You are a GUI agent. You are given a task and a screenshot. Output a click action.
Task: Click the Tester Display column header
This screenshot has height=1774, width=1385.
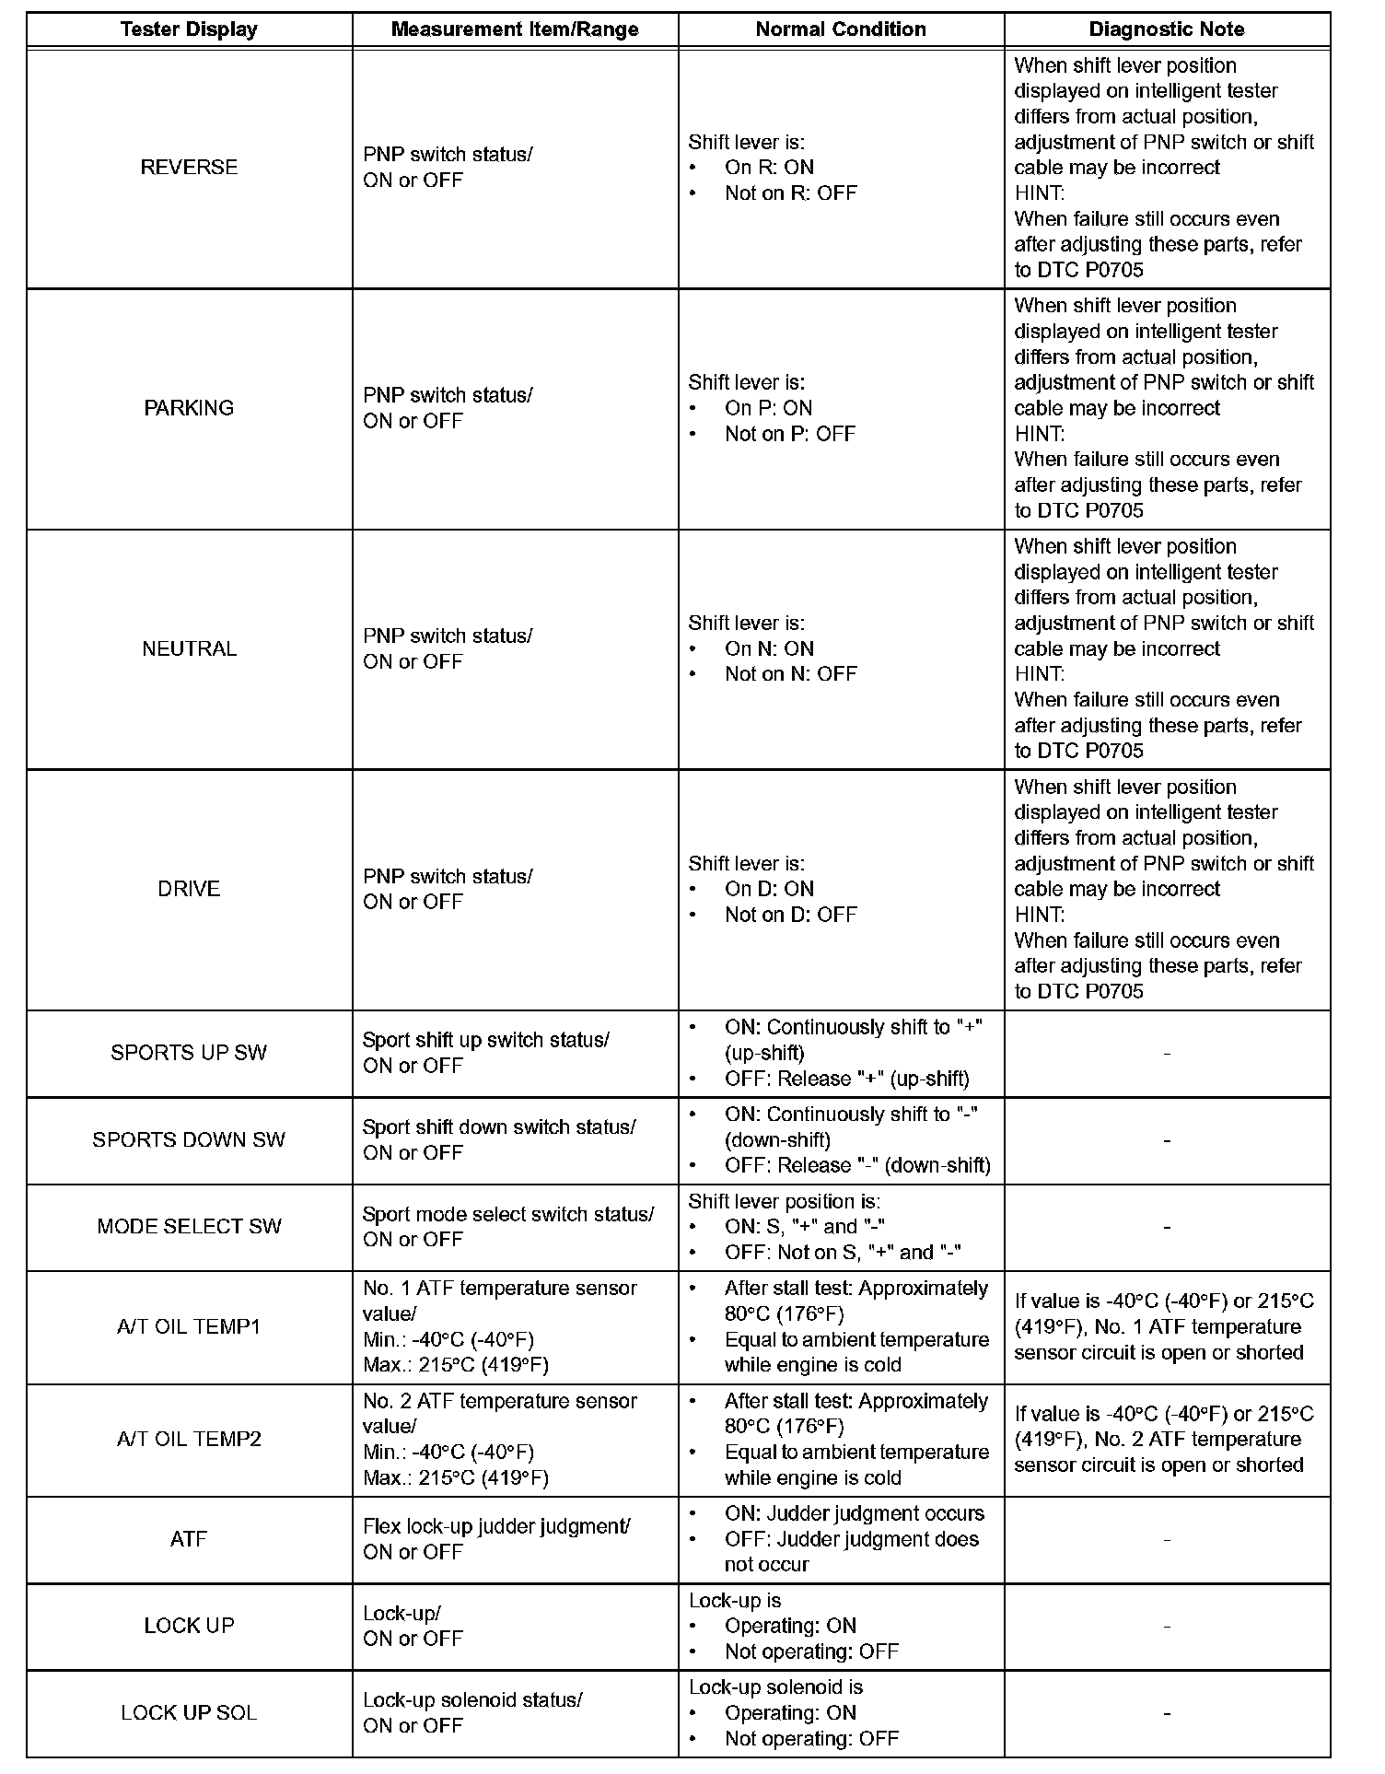pyautogui.click(x=189, y=29)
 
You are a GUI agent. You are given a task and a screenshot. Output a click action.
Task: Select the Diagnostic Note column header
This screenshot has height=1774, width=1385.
pyautogui.click(x=1166, y=29)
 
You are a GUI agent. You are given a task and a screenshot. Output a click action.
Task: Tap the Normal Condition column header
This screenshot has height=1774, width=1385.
pyautogui.click(x=840, y=29)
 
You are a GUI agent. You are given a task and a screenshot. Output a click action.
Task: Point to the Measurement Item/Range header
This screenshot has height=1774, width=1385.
pyautogui.click(x=515, y=29)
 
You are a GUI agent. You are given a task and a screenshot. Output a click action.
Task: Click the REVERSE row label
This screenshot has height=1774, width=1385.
pyautogui.click(x=189, y=168)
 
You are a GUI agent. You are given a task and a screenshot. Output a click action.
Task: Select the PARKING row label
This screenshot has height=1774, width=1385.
pyautogui.click(x=189, y=408)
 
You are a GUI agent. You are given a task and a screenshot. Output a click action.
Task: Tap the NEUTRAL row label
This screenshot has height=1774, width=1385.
pyautogui.click(x=189, y=648)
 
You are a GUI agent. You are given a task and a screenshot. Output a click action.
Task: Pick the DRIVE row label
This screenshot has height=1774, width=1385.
pyautogui.click(x=189, y=889)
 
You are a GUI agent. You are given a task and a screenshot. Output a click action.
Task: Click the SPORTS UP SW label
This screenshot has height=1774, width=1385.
pyautogui.click(x=189, y=1053)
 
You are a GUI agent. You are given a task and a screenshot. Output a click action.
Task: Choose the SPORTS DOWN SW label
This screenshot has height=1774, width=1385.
pyautogui.click(x=189, y=1140)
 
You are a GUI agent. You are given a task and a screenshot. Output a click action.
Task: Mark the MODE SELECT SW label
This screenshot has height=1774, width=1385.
pyautogui.click(x=189, y=1227)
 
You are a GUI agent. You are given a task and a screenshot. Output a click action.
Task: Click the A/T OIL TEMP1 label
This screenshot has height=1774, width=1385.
pyautogui.click(x=189, y=1327)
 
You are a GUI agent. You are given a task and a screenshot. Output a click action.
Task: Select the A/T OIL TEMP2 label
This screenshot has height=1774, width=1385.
pyautogui.click(x=189, y=1440)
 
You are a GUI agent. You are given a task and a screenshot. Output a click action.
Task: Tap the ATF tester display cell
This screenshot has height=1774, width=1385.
pyautogui.click(x=189, y=1539)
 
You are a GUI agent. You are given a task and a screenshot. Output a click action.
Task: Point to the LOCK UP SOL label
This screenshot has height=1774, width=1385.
pyautogui.click(x=189, y=1713)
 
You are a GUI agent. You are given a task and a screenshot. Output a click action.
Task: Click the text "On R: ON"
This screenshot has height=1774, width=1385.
pyautogui.click(x=769, y=168)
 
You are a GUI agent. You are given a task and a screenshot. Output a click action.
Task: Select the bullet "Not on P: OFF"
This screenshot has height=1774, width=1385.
pyautogui.click(x=790, y=434)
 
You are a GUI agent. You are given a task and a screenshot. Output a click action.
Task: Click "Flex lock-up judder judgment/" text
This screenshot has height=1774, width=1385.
pyautogui.click(x=496, y=1526)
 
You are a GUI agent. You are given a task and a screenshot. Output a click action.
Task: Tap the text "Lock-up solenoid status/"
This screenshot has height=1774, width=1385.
pyautogui.click(x=472, y=1700)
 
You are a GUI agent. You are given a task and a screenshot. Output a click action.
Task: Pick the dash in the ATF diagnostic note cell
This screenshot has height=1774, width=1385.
pyautogui.click(x=1167, y=1540)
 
